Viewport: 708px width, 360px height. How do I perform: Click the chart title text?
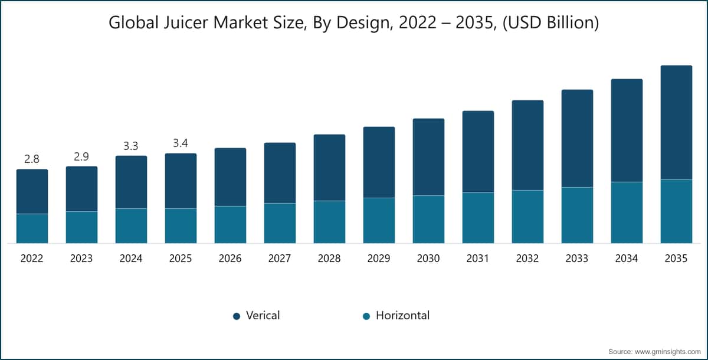tap(353, 23)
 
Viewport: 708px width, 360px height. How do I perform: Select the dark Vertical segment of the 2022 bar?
tap(32, 192)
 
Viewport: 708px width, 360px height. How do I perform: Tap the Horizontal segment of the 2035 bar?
tap(676, 211)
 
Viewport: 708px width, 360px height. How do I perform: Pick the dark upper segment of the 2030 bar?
tap(428, 157)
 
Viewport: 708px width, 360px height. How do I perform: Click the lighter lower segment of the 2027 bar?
tap(280, 223)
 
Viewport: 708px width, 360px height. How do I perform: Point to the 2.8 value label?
tap(32, 159)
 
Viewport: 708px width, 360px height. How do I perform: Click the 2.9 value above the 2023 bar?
tap(81, 156)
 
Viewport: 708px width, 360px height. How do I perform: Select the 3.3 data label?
tap(131, 146)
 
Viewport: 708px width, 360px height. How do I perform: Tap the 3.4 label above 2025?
tap(181, 143)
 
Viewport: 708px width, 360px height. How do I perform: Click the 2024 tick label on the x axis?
tap(131, 258)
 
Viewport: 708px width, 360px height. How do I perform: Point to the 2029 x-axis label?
tap(379, 258)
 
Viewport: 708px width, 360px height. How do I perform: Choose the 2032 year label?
tap(527, 258)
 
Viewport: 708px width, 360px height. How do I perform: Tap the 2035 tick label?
tap(676, 258)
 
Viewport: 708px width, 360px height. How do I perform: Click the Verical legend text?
tap(263, 315)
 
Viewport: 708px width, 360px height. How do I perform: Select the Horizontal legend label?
tap(402, 315)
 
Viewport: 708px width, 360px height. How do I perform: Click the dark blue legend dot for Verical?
tap(237, 316)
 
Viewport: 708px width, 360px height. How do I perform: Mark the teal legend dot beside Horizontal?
tap(366, 316)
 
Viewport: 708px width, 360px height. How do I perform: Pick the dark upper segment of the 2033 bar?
tap(577, 139)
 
